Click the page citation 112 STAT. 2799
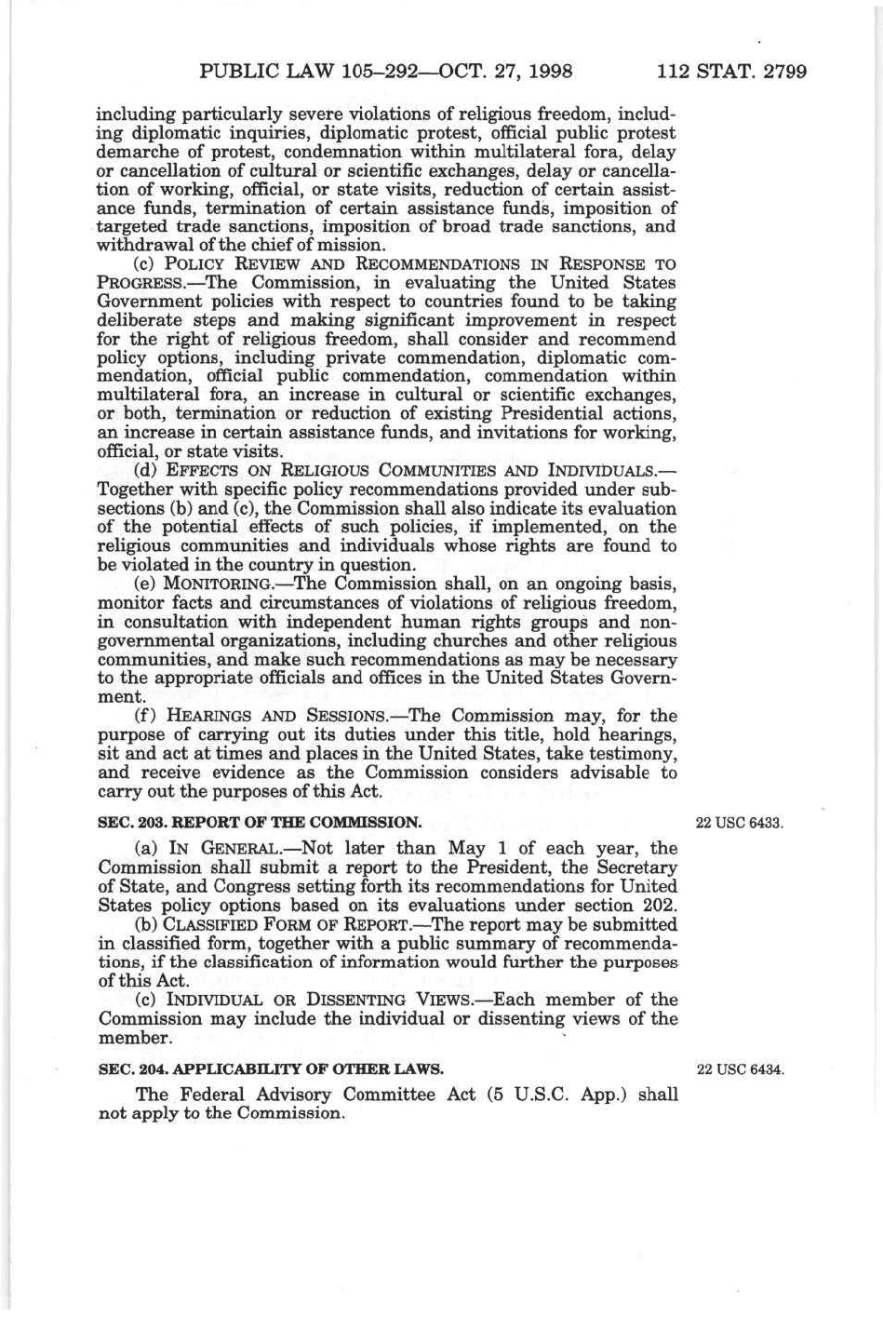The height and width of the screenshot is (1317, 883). (x=730, y=71)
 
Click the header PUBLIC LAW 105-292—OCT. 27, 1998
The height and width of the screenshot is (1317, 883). (x=385, y=71)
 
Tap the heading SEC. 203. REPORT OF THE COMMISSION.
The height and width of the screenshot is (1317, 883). (x=260, y=823)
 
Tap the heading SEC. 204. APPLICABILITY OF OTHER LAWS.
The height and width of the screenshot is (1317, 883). (x=271, y=1069)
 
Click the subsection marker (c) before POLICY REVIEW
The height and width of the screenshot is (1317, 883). (x=147, y=264)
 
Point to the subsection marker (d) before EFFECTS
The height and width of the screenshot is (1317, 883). (x=147, y=471)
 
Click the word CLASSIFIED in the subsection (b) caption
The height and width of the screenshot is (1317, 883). (x=213, y=925)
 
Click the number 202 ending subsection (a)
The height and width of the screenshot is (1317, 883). (x=658, y=906)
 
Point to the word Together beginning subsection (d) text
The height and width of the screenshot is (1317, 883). (x=135, y=490)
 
